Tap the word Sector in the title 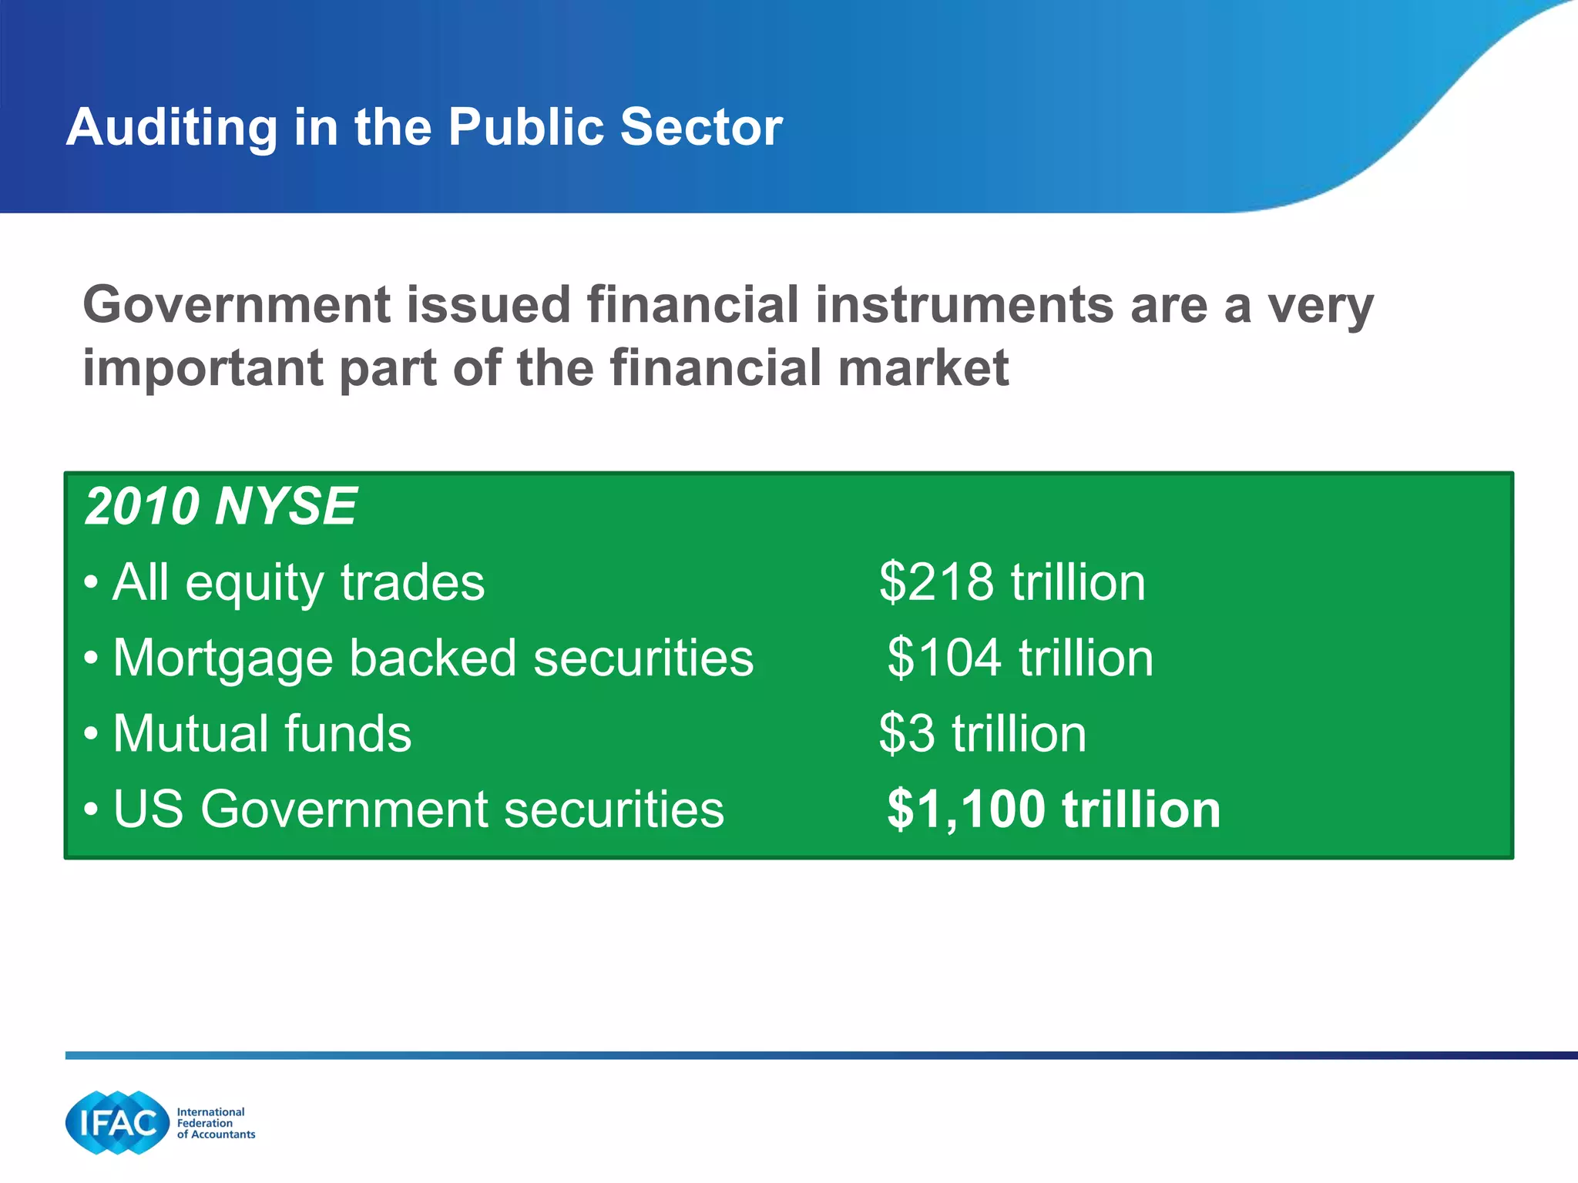coord(700,127)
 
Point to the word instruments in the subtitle coord(964,306)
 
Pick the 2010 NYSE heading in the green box coord(220,507)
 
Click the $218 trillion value coord(1012,582)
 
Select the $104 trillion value coord(1019,659)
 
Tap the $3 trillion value coord(982,734)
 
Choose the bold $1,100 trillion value coord(1053,809)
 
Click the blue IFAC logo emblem coord(117,1123)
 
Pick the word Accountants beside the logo coord(223,1134)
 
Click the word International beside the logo coord(210,1112)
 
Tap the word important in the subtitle coord(202,368)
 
